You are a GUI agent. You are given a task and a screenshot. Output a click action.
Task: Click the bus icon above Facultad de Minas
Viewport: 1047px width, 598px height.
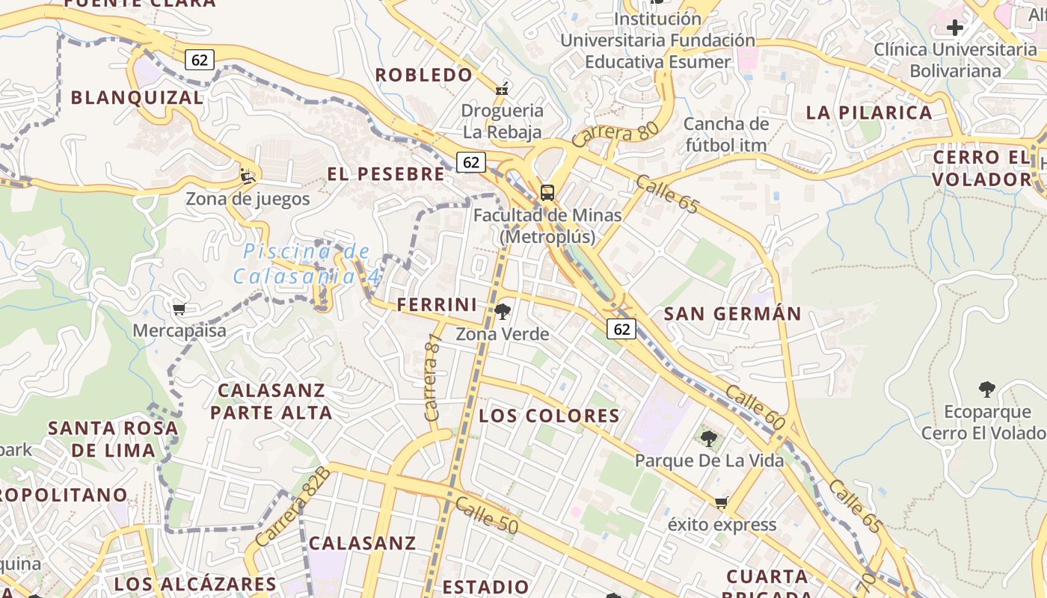[x=547, y=192]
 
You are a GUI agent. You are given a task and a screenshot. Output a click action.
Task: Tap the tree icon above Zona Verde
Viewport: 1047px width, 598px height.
[x=503, y=312]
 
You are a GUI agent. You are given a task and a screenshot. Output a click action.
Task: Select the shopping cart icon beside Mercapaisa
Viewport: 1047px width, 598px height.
[x=179, y=309]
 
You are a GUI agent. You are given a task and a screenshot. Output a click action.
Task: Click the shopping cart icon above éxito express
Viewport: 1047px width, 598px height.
[x=721, y=502]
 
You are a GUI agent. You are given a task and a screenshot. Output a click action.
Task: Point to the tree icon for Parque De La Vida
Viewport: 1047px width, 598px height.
[x=708, y=439]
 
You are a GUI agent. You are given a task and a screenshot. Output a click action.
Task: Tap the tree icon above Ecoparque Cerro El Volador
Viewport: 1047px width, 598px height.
[x=987, y=389]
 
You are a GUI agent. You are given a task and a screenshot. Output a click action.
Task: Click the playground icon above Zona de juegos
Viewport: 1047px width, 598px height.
[x=248, y=176]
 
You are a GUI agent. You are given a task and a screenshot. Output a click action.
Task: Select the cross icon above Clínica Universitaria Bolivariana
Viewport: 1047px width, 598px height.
[x=954, y=28]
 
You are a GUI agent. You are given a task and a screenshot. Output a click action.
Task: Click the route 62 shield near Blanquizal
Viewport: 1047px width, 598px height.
[x=200, y=60]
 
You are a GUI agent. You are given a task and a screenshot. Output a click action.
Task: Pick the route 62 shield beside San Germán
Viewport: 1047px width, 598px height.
[x=621, y=328]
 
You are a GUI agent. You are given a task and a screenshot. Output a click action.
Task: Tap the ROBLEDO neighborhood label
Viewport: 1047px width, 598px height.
[x=424, y=75]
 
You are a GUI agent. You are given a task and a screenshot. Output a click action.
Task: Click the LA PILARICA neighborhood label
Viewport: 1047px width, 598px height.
[x=869, y=113]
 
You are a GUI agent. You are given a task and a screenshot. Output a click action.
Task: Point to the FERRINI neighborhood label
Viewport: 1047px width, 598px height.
[x=437, y=305]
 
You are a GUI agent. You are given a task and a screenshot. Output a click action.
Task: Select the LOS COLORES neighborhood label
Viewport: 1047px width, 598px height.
[x=550, y=416]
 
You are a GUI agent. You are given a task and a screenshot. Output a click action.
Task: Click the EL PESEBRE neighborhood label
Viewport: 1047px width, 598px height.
[x=386, y=174]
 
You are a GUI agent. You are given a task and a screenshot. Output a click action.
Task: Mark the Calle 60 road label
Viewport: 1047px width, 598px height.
[x=755, y=408]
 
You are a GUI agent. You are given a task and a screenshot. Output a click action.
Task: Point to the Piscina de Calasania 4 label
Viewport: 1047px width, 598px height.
[x=306, y=264]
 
